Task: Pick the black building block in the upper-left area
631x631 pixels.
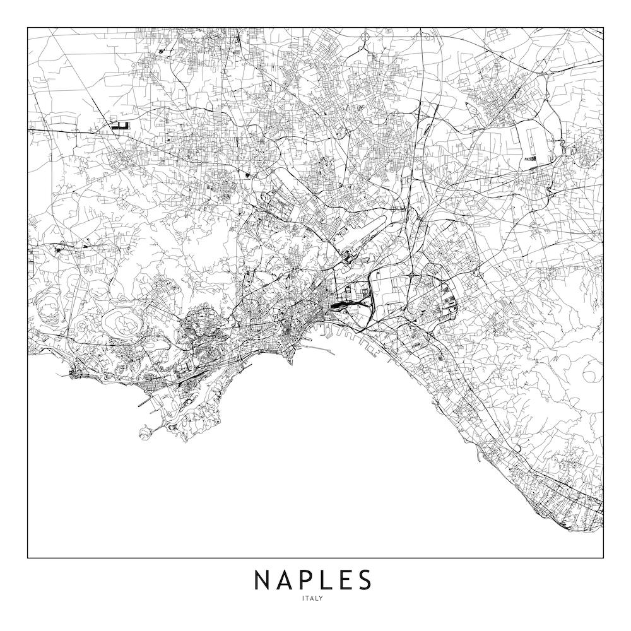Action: coord(120,126)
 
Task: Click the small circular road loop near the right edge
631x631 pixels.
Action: coord(591,374)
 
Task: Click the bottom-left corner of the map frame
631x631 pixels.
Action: coord(28,558)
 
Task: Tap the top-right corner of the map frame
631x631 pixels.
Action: coord(603,27)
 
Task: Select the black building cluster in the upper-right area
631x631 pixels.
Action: coord(531,158)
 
